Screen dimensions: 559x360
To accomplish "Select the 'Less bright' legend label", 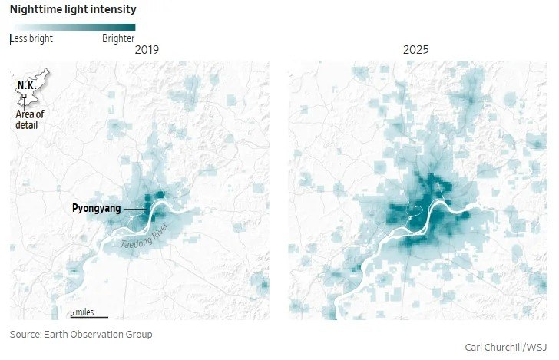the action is click(31, 38).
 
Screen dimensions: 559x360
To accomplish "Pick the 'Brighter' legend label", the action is click(118, 38).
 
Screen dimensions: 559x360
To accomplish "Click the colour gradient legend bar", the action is click(75, 28).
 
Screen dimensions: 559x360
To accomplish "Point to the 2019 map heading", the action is click(147, 50).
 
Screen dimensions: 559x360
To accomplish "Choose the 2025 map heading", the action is click(415, 50).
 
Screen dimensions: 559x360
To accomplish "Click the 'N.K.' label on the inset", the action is click(27, 85).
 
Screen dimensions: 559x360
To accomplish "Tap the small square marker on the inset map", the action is click(24, 96).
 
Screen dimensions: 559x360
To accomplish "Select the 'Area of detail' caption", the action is click(30, 120).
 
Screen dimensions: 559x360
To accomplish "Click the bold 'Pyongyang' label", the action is click(96, 208).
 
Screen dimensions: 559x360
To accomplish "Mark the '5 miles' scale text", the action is click(82, 312).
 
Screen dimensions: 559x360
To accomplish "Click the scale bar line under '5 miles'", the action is click(89, 317).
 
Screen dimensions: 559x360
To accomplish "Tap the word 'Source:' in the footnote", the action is click(25, 335).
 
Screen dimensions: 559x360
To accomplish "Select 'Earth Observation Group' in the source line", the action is click(98, 335).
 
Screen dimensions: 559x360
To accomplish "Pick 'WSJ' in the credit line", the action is click(537, 347).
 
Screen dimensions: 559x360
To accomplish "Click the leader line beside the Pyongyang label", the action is click(135, 210).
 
